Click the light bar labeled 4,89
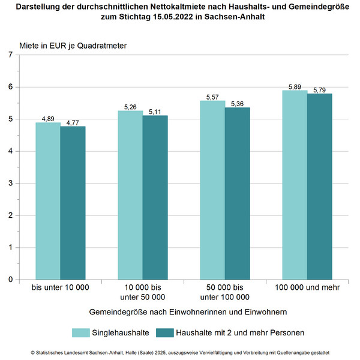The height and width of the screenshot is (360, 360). (48, 201)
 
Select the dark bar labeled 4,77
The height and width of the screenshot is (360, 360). (73, 203)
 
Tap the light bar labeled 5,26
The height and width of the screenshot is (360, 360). (130, 195)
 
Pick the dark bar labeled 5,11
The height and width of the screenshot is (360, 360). (155, 197)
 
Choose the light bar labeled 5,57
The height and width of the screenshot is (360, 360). (212, 190)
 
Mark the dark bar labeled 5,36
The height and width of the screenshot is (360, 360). (238, 194)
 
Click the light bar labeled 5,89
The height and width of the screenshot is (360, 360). (295, 185)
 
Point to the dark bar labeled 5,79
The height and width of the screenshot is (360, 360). (320, 187)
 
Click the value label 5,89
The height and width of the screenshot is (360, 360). (295, 87)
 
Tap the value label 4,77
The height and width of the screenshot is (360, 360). (73, 123)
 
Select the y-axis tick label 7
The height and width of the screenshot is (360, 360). (10, 55)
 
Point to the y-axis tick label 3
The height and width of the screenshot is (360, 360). (10, 184)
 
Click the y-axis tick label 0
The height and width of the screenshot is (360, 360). (10, 280)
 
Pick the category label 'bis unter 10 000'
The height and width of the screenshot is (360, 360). (61, 287)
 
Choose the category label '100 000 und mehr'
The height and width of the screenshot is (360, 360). (307, 287)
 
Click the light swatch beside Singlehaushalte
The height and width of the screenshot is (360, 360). (81, 332)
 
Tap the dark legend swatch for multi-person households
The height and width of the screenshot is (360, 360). (165, 332)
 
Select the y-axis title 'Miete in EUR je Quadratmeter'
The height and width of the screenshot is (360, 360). (73, 46)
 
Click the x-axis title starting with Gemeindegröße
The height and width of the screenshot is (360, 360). (188, 312)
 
